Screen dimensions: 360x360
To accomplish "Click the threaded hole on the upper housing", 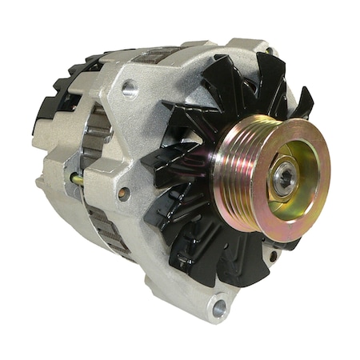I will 130,90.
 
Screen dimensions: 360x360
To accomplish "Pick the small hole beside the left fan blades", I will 122,193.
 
